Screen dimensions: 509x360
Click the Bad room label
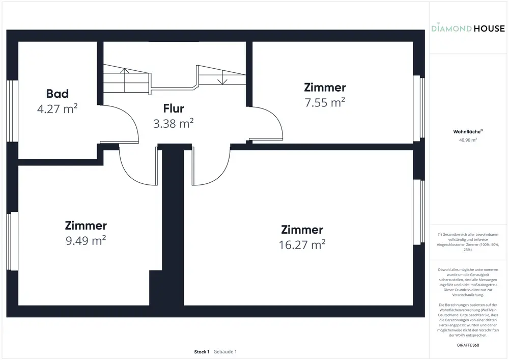click(57, 94)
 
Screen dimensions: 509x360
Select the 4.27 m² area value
click(57, 108)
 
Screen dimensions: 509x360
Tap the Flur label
click(173, 108)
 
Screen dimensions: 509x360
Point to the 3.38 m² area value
click(173, 123)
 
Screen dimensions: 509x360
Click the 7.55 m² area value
click(325, 102)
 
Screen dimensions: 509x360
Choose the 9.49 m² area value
click(86, 241)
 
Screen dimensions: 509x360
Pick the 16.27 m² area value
click(302, 245)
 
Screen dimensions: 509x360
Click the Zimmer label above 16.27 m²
click(302, 230)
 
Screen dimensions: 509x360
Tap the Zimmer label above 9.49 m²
click(86, 226)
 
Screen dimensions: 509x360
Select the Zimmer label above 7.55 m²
click(325, 88)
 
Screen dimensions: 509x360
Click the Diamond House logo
click(468, 29)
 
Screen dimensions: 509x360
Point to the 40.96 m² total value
click(468, 140)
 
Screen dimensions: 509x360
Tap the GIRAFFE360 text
click(468, 345)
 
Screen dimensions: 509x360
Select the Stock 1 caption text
click(202, 352)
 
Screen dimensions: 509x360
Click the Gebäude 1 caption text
click(225, 352)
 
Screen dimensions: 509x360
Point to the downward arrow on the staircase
click(222, 80)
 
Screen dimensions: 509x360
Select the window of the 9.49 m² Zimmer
click(13, 241)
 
